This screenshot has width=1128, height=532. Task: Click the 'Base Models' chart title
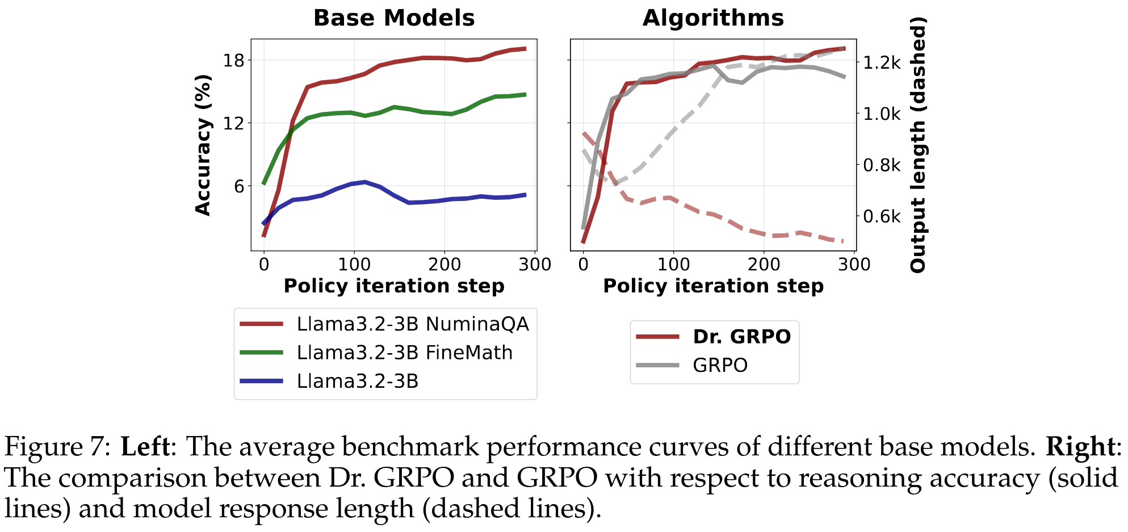click(x=394, y=18)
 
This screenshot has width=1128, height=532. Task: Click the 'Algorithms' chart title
click(x=713, y=18)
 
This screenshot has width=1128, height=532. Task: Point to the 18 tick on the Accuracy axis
click(x=233, y=60)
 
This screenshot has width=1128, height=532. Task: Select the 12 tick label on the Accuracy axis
click(x=233, y=123)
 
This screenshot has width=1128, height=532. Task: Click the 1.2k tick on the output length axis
click(x=882, y=62)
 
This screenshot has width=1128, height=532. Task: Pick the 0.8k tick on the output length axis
click(x=882, y=165)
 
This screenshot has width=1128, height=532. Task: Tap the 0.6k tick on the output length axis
click(x=882, y=216)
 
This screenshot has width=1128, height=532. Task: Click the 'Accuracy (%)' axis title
click(x=203, y=145)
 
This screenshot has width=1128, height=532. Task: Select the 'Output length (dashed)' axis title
click(x=918, y=145)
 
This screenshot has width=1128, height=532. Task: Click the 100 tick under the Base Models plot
click(x=354, y=265)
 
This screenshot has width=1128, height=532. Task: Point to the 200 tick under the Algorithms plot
click(x=764, y=265)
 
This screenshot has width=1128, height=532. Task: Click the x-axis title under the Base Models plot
click(x=394, y=286)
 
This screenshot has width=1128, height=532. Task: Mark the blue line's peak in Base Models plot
click(x=364, y=182)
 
